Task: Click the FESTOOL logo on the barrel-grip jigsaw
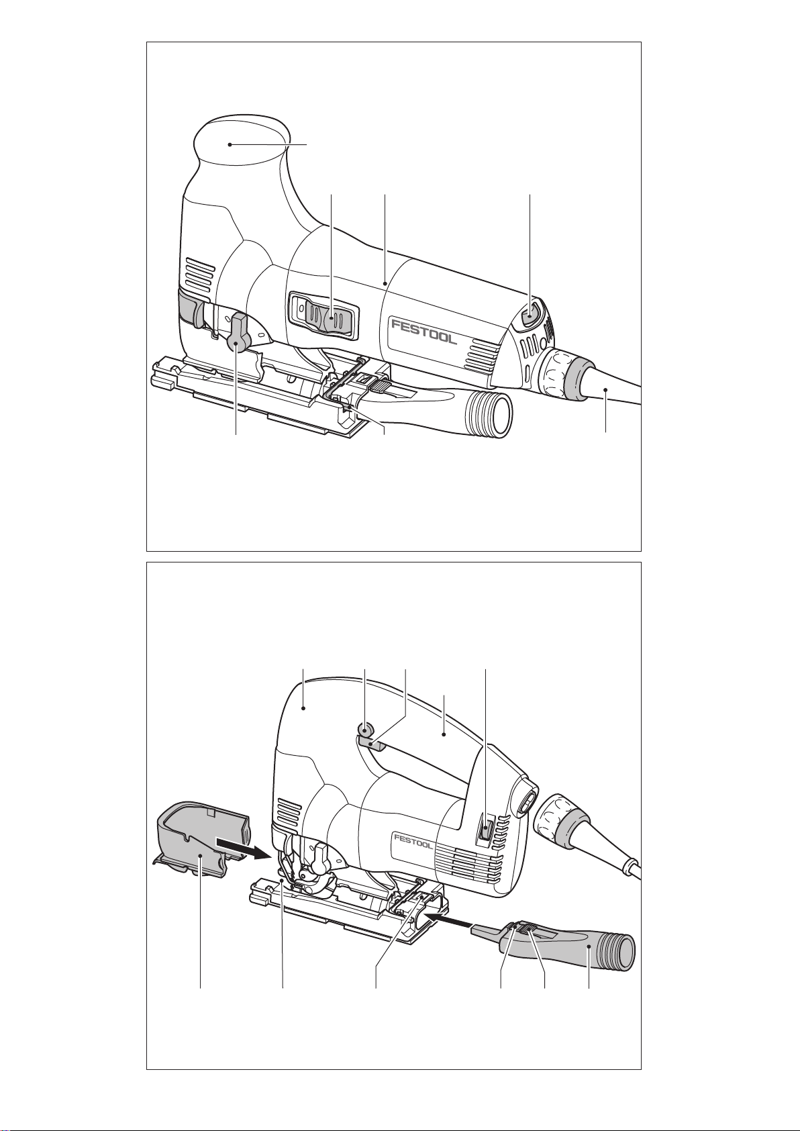[x=425, y=332]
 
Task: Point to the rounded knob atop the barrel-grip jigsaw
[x=241, y=143]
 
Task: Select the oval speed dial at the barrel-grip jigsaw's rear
[x=530, y=317]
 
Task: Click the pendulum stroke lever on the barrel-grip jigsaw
[x=238, y=332]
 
